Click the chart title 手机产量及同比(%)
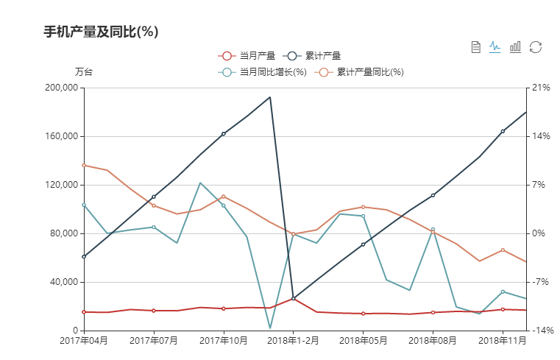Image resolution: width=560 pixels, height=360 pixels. point(102,32)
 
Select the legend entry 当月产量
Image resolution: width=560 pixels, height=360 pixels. point(247,56)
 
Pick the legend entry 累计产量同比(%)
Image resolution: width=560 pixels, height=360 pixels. point(361,72)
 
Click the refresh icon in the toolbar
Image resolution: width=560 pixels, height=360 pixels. point(536,47)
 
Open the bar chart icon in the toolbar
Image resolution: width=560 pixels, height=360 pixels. point(515,47)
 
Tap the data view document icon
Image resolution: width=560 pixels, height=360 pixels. point(476,47)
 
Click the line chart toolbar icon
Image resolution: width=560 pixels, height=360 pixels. point(495,47)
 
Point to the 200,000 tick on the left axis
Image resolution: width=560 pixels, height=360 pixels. point(62,88)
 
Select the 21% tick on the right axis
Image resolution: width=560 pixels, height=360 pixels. point(541,88)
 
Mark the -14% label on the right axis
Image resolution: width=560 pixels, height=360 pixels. point(542,331)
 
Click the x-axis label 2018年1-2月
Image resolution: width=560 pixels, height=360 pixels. point(293,340)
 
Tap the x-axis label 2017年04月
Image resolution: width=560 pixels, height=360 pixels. point(84,340)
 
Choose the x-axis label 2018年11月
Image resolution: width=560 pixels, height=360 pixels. point(503,340)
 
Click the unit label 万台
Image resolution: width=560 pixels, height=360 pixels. point(84,72)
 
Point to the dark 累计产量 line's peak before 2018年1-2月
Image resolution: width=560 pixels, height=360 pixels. point(270,97)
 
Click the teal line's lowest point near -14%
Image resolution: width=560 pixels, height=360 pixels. point(270,328)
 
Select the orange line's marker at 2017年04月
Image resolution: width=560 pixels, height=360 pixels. point(84,165)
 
